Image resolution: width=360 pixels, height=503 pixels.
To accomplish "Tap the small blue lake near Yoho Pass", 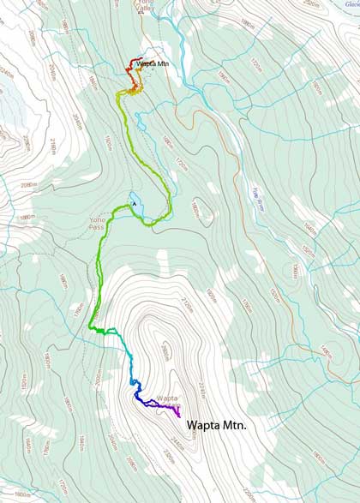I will click(x=134, y=202).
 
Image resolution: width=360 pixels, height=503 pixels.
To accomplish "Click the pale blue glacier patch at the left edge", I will click(x=10, y=103).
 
